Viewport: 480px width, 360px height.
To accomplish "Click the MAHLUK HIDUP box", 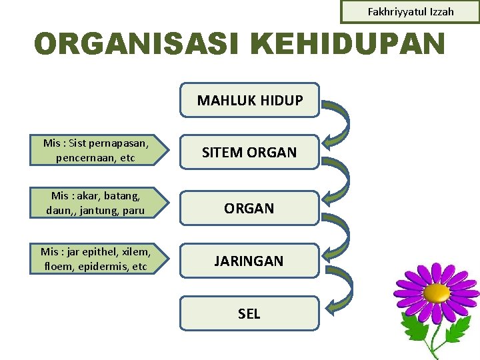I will (250, 100).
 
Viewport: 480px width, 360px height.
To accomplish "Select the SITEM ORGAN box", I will (249, 153).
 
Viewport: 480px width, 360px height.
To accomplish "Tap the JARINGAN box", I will (249, 261).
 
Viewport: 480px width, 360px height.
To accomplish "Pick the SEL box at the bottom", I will (249, 313).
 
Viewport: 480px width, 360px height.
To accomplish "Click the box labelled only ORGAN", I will (249, 208).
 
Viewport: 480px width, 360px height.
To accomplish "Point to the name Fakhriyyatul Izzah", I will (411, 12).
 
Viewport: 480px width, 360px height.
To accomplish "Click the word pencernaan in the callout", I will (81, 158).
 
